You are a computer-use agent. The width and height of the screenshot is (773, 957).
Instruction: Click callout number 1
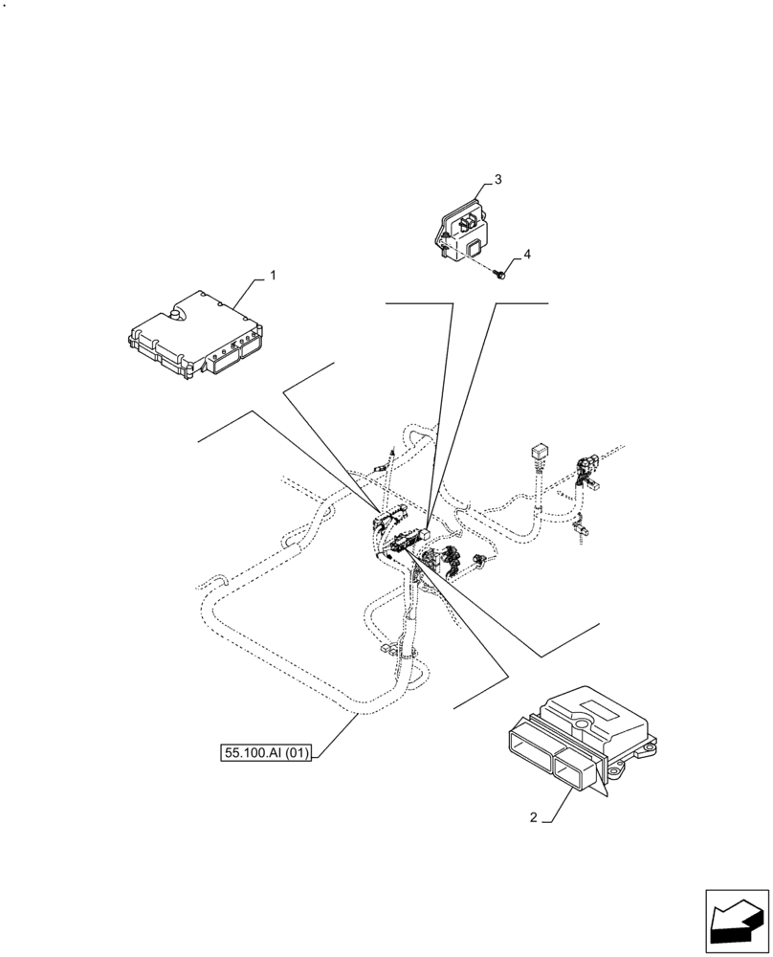pos(273,276)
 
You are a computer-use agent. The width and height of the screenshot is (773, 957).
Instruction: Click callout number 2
pos(533,817)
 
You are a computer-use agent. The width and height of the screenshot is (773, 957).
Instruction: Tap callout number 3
pos(497,179)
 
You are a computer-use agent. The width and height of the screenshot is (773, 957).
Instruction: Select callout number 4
pos(525,255)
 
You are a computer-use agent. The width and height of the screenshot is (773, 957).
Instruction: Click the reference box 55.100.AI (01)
pos(267,753)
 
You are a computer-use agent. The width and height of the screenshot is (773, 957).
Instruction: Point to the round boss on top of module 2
pos(580,723)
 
